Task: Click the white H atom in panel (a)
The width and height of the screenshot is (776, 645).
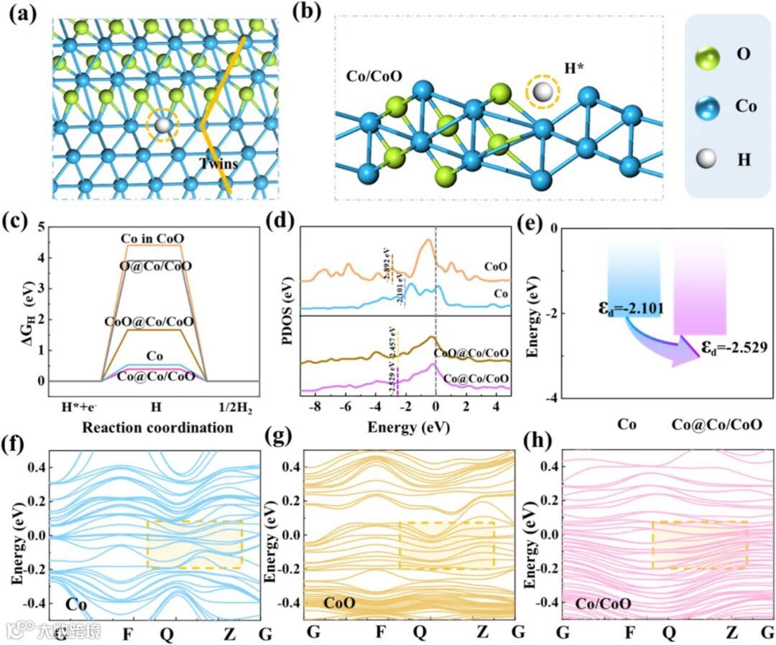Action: tap(165, 126)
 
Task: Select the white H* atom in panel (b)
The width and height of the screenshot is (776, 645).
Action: tap(541, 92)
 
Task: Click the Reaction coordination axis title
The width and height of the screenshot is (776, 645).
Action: tap(157, 427)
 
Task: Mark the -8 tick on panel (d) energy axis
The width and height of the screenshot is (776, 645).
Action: tap(314, 407)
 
